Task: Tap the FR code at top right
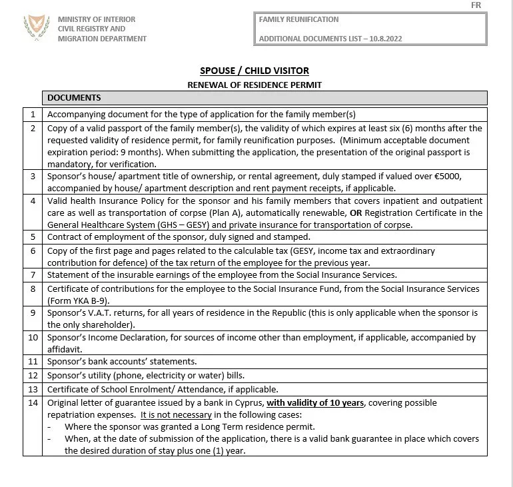pos(476,5)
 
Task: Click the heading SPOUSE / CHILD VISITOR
pos(255,71)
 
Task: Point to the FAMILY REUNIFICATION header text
pos(298,19)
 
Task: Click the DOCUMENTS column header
pos(74,98)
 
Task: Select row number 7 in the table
pos(33,274)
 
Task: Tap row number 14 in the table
pos(33,403)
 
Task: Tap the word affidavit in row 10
pos(65,348)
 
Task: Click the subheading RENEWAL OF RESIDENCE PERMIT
pos(255,85)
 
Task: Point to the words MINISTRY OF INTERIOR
pos(97,19)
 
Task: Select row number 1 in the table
pos(33,115)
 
